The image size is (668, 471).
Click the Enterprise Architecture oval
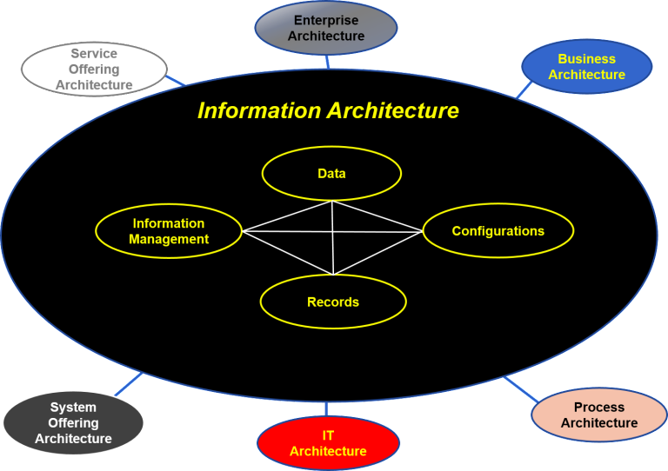(x=326, y=28)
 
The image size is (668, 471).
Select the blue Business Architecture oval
(x=586, y=67)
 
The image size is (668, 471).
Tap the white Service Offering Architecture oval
(x=94, y=70)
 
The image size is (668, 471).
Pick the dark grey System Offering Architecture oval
(x=73, y=423)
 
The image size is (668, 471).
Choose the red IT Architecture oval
(x=328, y=442)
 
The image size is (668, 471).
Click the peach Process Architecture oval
(x=598, y=415)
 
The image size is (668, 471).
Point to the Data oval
(x=331, y=174)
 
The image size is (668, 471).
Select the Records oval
(x=333, y=302)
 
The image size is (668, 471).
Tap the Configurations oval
(x=498, y=231)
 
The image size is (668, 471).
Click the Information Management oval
(x=169, y=231)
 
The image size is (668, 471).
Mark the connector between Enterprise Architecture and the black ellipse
(x=327, y=62)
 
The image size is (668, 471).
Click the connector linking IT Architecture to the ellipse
(x=326, y=408)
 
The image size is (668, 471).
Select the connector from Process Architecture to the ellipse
(x=520, y=388)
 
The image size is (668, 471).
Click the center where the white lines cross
(x=333, y=232)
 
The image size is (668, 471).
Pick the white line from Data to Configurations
(x=377, y=216)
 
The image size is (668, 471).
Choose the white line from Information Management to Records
(x=288, y=253)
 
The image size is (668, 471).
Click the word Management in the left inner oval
(x=169, y=239)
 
